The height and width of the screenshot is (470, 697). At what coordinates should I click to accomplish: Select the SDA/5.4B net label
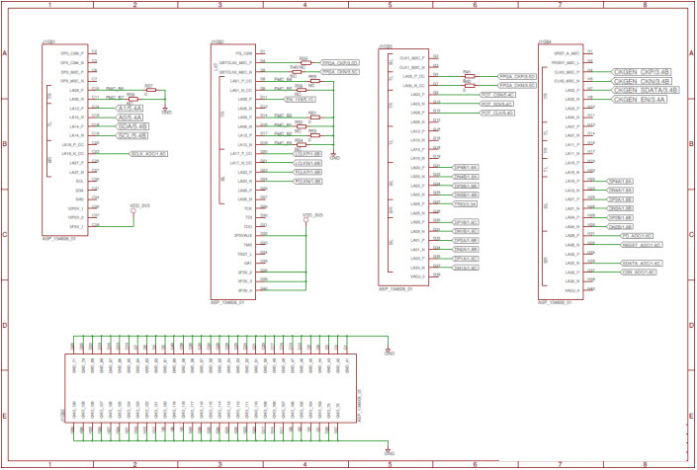pos(132,125)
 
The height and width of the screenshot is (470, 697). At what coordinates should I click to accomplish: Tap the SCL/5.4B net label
pos(132,134)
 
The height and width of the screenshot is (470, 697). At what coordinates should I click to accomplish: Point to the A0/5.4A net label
pos(131,117)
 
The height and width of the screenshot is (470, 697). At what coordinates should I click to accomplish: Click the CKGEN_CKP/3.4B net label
pos(642,72)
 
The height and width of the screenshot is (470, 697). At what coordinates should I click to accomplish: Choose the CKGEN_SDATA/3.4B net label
pos(644,90)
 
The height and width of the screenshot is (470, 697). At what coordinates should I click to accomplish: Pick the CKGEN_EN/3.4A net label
pos(639,99)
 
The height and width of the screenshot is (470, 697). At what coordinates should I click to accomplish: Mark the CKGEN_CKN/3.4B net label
pos(642,81)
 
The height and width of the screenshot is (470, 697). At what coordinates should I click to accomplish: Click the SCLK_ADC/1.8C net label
pos(148,153)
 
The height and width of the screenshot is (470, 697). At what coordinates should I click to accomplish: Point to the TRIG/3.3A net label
pos(467,203)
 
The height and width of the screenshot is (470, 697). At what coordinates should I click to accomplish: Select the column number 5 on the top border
pos(391,6)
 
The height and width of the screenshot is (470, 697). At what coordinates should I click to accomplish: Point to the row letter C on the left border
pos(6,235)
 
